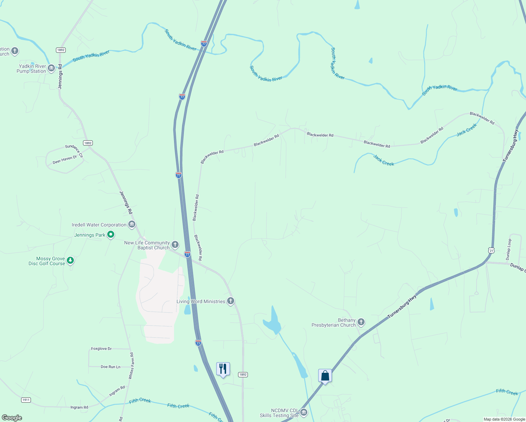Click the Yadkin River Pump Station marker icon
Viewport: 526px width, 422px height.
point(51,68)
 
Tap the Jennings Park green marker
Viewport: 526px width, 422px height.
point(111,234)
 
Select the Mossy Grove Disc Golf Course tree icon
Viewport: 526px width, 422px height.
point(71,261)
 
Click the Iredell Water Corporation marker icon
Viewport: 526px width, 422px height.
point(132,224)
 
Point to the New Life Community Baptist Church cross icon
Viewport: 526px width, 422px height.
point(175,244)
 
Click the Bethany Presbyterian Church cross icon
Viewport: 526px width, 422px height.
point(361,322)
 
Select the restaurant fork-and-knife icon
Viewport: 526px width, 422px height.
point(223,369)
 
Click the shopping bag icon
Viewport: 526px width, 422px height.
point(325,376)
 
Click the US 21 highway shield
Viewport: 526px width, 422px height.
point(491,250)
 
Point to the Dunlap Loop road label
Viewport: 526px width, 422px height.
point(509,249)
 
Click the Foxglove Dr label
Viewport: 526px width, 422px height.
point(101,349)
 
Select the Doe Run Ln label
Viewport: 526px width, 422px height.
point(110,367)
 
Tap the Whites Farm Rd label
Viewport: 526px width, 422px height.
point(131,366)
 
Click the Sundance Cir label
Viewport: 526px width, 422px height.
point(74,151)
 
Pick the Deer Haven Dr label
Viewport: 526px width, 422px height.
point(65,160)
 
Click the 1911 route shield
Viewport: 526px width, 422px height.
point(26,400)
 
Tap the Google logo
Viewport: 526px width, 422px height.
point(12,418)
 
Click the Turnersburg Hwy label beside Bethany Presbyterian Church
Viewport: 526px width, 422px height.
point(402,307)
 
